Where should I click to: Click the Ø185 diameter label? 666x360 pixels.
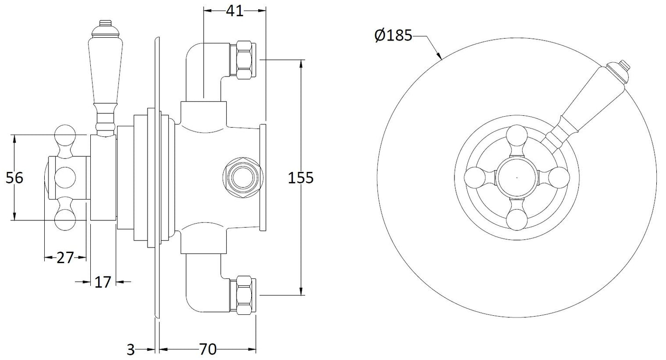[x=393, y=35]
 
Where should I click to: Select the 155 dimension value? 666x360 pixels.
[x=300, y=178]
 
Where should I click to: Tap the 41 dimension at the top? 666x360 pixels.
[x=234, y=12]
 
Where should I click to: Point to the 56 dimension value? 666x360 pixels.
[x=14, y=178]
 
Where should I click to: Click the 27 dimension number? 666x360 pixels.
[x=65, y=258]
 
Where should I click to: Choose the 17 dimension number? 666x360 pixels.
[x=103, y=282]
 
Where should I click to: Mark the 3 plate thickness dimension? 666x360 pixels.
[x=131, y=349]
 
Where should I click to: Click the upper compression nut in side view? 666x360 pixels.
[x=244, y=60]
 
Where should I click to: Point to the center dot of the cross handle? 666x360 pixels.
[x=516, y=177]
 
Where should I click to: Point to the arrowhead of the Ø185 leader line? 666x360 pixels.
[x=441, y=59]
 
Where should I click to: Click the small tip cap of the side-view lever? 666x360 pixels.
[x=106, y=23]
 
